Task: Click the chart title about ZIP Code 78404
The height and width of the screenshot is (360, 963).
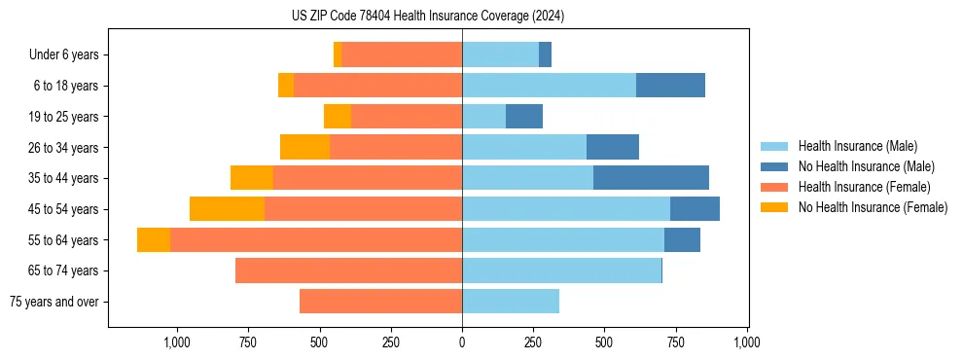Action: tap(428, 17)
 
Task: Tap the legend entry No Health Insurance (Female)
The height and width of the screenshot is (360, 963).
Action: tap(873, 207)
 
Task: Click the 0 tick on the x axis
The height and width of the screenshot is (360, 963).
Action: tap(462, 342)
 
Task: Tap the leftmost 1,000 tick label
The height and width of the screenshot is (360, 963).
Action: tap(177, 342)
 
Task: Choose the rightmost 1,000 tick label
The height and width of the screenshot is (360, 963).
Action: tap(747, 342)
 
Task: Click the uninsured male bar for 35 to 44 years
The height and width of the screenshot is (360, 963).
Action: tap(651, 178)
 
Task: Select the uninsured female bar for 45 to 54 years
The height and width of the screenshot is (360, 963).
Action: tap(227, 209)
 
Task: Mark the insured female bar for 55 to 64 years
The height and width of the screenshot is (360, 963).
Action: tap(316, 240)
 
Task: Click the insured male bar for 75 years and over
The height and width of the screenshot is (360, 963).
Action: tap(511, 302)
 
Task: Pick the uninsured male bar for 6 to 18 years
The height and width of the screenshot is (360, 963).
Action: tap(670, 86)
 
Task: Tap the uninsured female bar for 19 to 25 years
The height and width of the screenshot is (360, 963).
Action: tap(338, 117)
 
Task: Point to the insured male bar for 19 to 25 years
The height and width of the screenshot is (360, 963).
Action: tap(483, 117)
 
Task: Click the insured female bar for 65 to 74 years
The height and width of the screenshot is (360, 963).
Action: tap(348, 270)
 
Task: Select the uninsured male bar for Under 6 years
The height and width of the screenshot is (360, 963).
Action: tap(545, 54)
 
